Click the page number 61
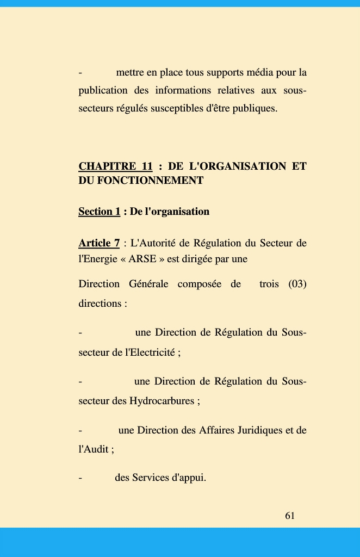pyautogui.click(x=290, y=516)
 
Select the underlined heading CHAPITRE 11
pyautogui.click(x=115, y=166)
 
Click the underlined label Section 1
pyautogui.click(x=99, y=212)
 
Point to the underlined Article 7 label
pyautogui.click(x=99, y=243)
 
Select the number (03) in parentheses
pyautogui.click(x=297, y=284)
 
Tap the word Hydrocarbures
pyautogui.click(x=162, y=401)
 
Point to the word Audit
pyautogui.click(x=93, y=450)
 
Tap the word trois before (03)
pyautogui.click(x=269, y=284)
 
